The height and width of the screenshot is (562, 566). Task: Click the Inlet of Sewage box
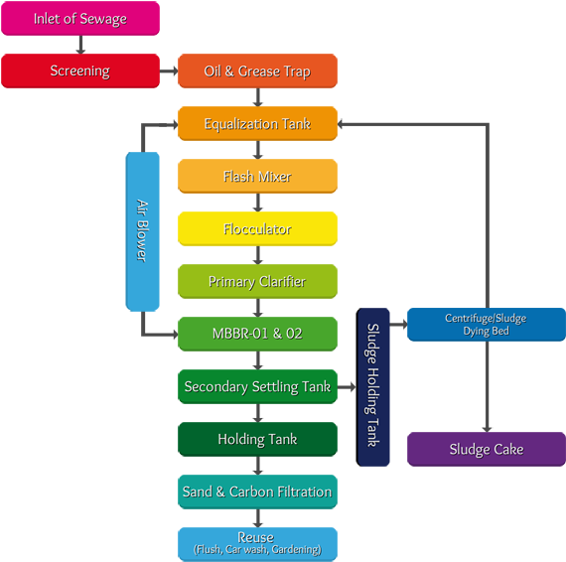tap(79, 18)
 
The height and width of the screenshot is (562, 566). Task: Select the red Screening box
tap(79, 70)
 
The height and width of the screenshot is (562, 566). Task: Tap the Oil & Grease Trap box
tap(257, 70)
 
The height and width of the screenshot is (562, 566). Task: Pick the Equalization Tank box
tap(257, 123)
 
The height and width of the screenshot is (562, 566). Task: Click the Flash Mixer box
tap(257, 176)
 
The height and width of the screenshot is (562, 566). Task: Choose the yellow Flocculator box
tap(257, 228)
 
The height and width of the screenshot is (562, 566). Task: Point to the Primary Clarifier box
tap(257, 281)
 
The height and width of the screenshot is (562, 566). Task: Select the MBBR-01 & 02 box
tap(257, 334)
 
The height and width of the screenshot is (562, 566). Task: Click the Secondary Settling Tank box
tap(257, 386)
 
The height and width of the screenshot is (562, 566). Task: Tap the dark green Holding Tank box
tap(257, 439)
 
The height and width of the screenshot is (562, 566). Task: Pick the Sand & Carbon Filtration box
tap(257, 492)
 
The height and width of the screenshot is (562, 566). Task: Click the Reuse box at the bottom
tap(257, 542)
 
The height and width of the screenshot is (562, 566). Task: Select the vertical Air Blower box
tap(142, 230)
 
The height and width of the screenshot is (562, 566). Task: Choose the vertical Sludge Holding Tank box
tap(373, 386)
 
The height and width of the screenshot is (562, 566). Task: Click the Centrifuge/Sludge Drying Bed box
tap(486, 325)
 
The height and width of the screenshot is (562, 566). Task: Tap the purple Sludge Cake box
tap(486, 449)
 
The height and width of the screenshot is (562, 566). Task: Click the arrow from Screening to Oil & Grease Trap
tap(168, 70)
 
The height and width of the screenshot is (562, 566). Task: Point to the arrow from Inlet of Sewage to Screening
tap(79, 45)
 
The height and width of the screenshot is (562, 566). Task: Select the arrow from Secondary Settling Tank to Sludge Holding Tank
tap(347, 386)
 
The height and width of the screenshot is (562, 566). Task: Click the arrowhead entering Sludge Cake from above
tap(486, 426)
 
